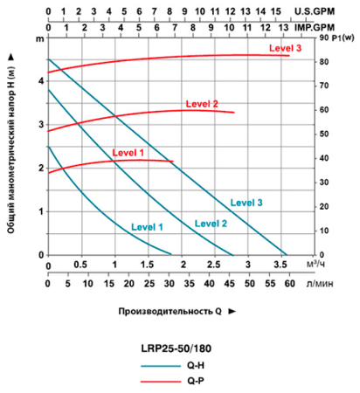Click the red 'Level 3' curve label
[x=285, y=48]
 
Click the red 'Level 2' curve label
[x=203, y=105]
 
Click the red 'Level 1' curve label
[x=128, y=153]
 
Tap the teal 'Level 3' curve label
[x=246, y=203]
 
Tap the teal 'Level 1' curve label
[x=148, y=226]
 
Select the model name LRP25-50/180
[x=175, y=347]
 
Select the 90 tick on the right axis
[x=322, y=39]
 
